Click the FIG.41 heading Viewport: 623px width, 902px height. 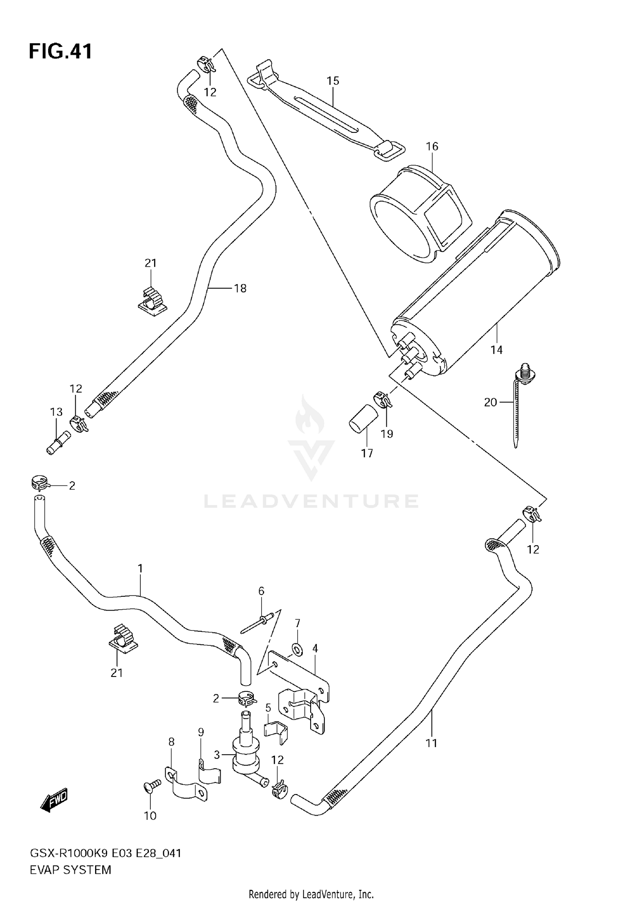(61, 52)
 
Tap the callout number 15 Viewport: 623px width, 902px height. (333, 81)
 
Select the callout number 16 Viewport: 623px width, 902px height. (432, 147)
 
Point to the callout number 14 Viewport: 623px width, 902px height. (496, 350)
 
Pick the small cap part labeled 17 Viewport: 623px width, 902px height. (362, 420)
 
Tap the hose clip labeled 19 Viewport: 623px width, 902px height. (383, 400)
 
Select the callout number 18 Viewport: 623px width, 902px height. (240, 288)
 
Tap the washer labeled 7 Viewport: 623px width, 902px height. (297, 649)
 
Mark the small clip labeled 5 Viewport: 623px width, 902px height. (276, 732)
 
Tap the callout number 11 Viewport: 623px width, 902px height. (432, 743)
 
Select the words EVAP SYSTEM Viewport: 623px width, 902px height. (71, 870)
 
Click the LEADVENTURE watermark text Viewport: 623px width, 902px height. (311, 501)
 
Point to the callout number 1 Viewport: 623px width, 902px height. (140, 569)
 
